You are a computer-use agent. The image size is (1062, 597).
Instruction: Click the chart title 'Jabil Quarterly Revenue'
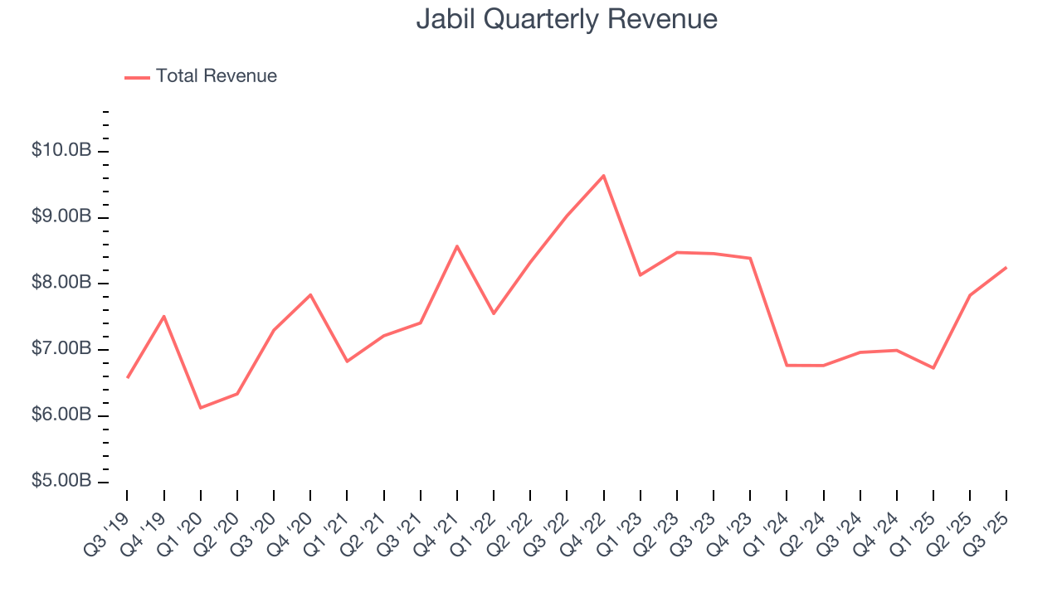tap(567, 19)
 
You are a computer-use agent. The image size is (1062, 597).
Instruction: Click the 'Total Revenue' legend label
tap(216, 76)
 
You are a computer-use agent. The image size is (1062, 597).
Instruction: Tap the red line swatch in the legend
tap(137, 77)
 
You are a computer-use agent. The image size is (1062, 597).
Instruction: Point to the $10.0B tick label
tap(61, 151)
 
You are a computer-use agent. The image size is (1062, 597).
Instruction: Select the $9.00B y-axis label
tap(61, 217)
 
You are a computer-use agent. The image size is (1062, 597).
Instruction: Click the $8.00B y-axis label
tap(61, 284)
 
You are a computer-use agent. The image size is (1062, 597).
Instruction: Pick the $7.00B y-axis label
tap(61, 349)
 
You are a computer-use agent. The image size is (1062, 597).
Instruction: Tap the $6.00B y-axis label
tap(61, 415)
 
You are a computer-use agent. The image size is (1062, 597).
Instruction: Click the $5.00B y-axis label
tap(61, 482)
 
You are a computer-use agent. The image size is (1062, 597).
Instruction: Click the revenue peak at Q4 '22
tap(603, 176)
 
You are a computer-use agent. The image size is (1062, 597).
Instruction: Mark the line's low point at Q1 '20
tap(201, 408)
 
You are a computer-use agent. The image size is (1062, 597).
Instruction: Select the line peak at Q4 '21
tap(457, 246)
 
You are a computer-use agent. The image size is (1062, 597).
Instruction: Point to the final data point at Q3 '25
tap(1006, 268)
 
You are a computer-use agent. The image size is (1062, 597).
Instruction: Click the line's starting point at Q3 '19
tap(127, 378)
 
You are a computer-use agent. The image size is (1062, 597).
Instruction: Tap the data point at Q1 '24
tap(787, 365)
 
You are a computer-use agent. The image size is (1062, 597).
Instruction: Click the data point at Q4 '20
tap(310, 294)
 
